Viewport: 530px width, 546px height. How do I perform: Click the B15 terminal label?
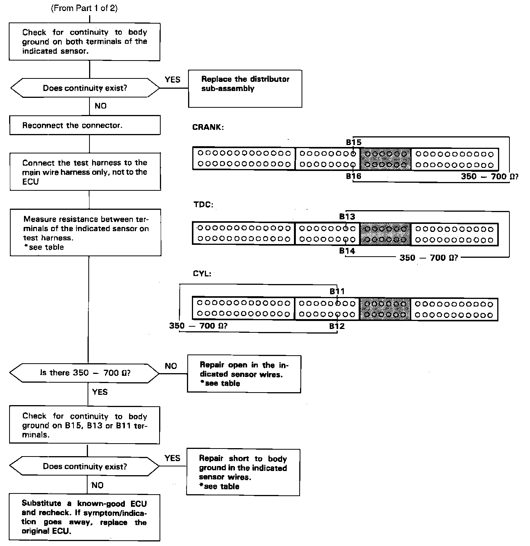[x=353, y=142]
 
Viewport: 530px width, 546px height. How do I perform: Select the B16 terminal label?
[x=353, y=176]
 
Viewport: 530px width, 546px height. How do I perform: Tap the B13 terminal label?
[x=347, y=217]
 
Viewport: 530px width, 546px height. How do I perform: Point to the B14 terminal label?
[x=347, y=251]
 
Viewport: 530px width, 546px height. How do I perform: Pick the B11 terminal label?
[x=337, y=291]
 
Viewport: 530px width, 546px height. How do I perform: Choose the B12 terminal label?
[x=337, y=326]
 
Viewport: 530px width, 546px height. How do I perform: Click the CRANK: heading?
[x=208, y=127]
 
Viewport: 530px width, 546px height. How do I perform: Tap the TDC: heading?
[x=203, y=204]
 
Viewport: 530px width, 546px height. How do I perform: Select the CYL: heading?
[x=202, y=273]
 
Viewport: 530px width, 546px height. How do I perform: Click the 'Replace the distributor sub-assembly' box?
[x=245, y=88]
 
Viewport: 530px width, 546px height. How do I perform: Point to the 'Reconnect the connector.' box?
[x=85, y=125]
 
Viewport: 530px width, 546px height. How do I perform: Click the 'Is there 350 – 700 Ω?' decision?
[x=85, y=373]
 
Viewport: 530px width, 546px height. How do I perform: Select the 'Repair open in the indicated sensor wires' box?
[x=244, y=374]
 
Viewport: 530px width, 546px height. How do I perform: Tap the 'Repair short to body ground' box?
[x=243, y=472]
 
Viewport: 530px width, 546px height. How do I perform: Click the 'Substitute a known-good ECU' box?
[x=85, y=517]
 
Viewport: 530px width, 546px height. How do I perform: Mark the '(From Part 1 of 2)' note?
[x=84, y=8]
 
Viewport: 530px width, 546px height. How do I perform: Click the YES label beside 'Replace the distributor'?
[x=172, y=79]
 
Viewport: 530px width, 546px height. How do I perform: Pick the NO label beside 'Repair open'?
[x=171, y=366]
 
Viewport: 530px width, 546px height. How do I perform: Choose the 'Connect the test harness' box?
[x=85, y=172]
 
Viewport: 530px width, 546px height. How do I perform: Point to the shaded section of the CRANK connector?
[x=385, y=159]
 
